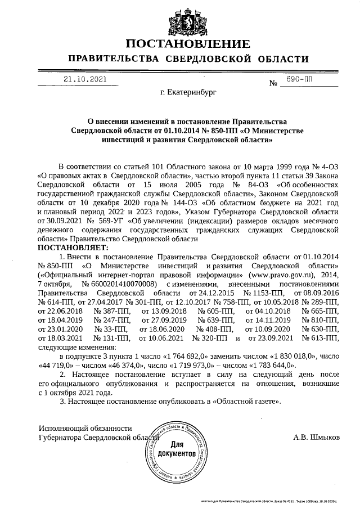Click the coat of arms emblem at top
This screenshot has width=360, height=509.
(x=179, y=19)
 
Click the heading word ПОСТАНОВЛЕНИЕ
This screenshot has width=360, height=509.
(x=187, y=44)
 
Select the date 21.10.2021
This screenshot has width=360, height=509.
(x=84, y=80)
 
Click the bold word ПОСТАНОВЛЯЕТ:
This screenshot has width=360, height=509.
(x=72, y=248)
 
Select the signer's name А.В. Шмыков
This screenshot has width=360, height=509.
(x=316, y=436)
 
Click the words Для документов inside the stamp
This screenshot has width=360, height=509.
(x=180, y=448)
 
